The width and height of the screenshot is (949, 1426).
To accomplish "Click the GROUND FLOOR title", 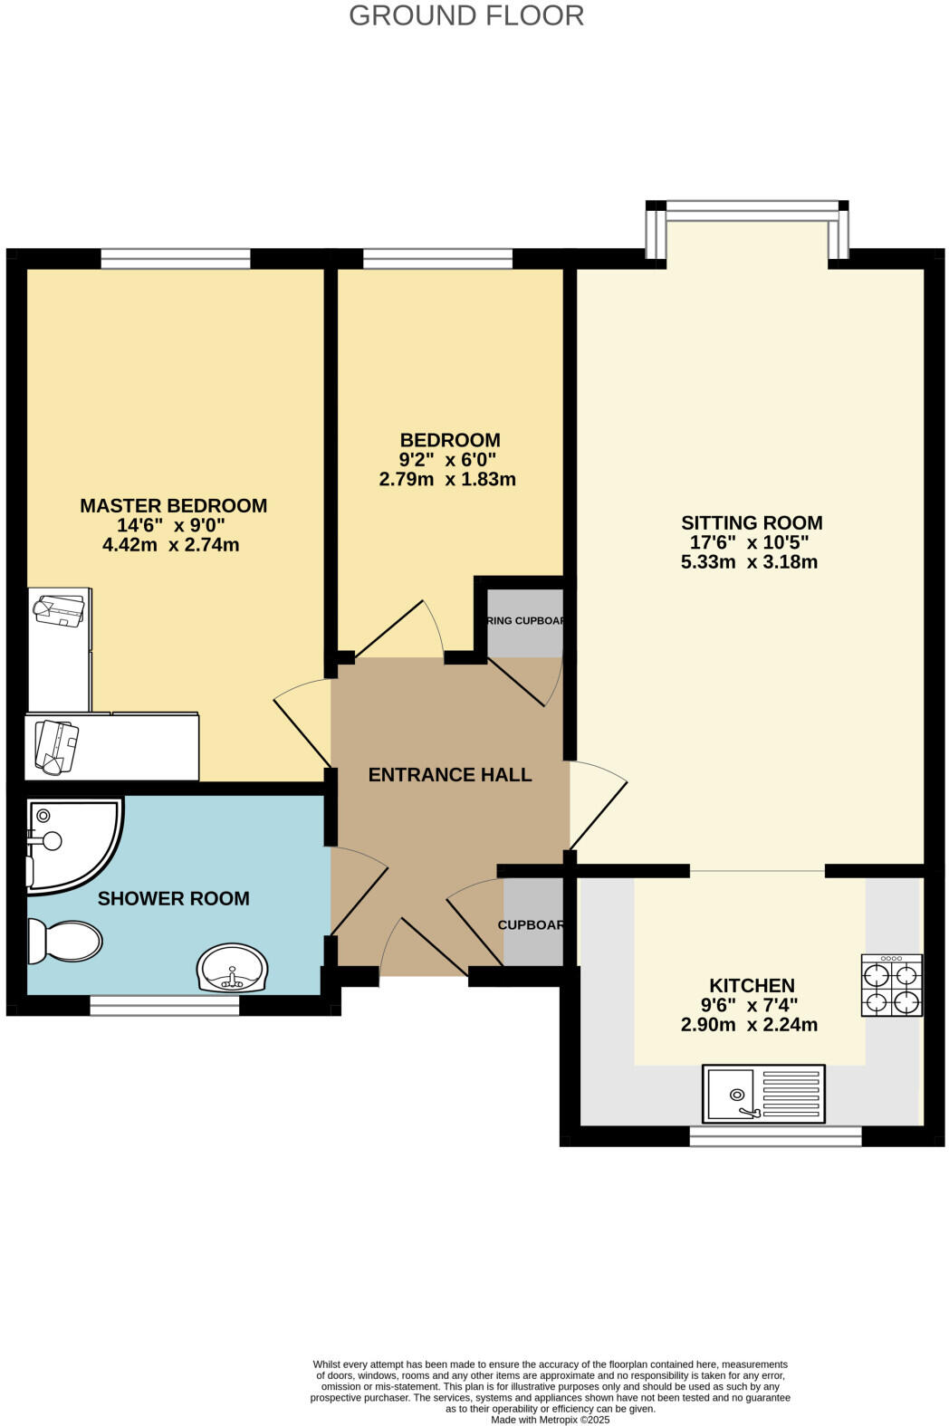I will coord(466,15).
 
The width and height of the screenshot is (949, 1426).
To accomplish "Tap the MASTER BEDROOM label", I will coord(173,505).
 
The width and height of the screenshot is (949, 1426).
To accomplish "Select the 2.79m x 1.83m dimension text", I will coord(447,479).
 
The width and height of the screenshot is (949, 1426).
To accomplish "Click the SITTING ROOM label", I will coord(752,522).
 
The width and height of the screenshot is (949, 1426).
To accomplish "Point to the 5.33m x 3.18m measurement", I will coord(749,561).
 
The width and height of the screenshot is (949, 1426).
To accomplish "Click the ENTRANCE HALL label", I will coord(449,774).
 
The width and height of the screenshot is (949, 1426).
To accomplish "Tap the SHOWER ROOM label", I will coord(173,898).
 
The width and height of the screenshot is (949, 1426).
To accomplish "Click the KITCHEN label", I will coord(752,985).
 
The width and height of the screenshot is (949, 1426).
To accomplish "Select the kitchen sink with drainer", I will coord(763,1093).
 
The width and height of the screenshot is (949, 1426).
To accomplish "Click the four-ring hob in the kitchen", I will coord(892,985).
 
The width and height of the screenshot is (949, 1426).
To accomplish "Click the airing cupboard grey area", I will coord(525,624).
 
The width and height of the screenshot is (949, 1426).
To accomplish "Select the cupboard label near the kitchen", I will coord(532,925).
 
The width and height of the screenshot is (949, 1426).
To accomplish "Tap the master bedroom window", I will coord(175,261).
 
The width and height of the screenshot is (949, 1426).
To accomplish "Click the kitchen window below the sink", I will coord(775,1136).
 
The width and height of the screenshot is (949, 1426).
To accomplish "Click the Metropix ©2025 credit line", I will coord(550,1420).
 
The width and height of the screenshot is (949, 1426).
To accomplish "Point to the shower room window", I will coord(165,1005).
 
